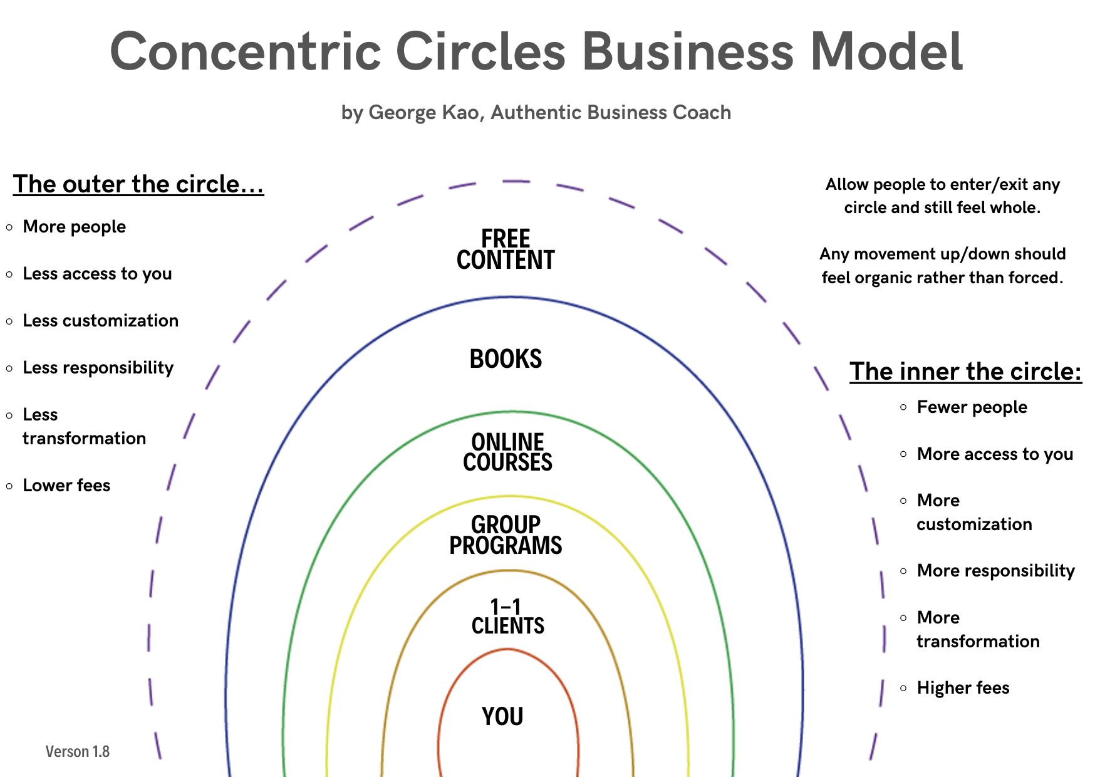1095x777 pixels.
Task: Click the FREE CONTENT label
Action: click(506, 249)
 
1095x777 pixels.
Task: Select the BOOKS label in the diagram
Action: click(506, 359)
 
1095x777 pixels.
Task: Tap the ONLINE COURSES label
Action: click(507, 452)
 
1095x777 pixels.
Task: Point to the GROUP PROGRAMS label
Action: click(506, 535)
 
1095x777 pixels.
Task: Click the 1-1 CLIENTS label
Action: click(507, 617)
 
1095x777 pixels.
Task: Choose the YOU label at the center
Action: click(502, 716)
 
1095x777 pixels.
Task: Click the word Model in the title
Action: click(886, 51)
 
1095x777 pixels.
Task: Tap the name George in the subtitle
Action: click(393, 112)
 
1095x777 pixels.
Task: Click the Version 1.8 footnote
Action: click(78, 751)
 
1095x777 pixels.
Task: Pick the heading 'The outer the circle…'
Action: click(138, 184)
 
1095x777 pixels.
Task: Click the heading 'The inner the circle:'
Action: click(965, 372)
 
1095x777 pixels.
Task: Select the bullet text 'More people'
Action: click(75, 227)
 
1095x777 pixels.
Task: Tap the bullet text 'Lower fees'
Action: click(66, 486)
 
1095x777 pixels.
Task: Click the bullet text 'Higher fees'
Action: click(963, 688)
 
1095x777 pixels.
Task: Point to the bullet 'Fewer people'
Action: click(972, 407)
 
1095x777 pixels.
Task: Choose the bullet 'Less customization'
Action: click(100, 321)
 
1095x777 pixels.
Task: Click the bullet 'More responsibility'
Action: click(995, 571)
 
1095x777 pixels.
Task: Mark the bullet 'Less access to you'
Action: click(97, 274)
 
